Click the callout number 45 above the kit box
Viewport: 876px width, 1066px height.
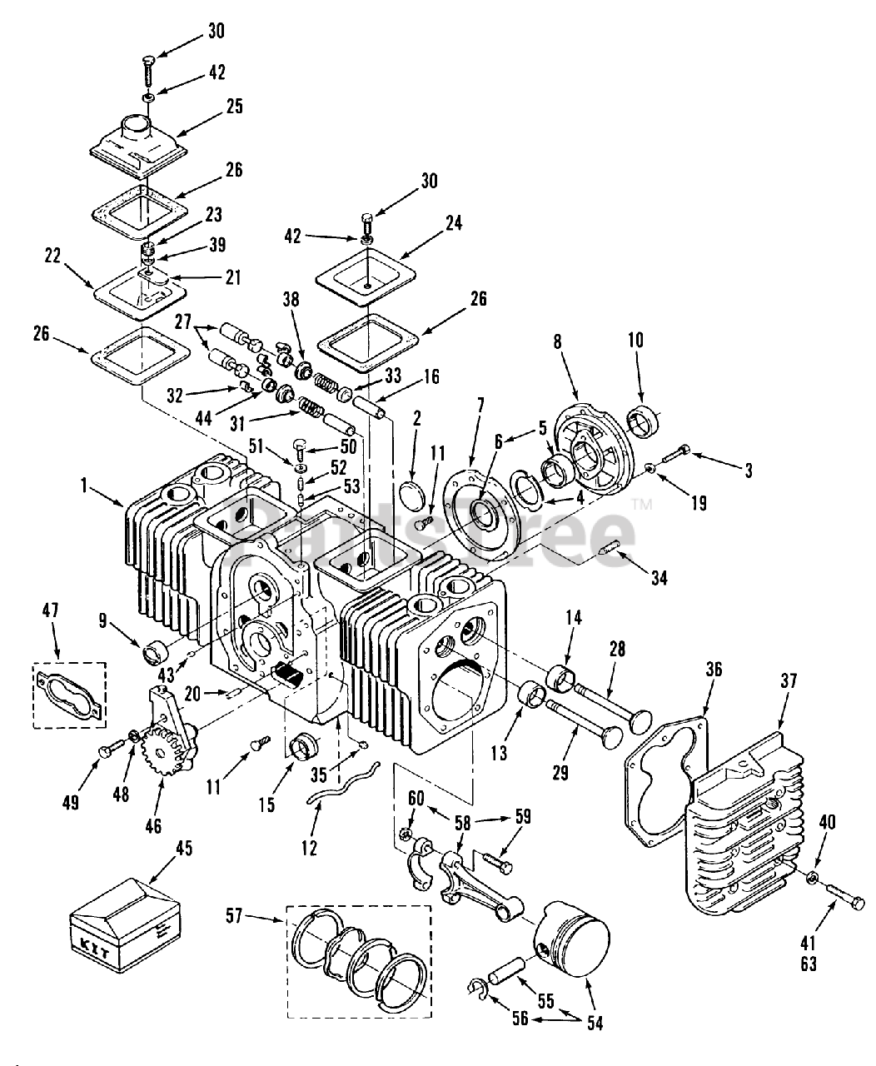tap(183, 848)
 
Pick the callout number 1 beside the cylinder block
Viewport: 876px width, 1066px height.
tap(84, 486)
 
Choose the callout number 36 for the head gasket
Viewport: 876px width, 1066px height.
tap(714, 669)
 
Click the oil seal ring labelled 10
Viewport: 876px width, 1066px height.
tap(645, 420)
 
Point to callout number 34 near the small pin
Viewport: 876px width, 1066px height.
tap(659, 576)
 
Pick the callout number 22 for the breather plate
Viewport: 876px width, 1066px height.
tap(53, 256)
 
